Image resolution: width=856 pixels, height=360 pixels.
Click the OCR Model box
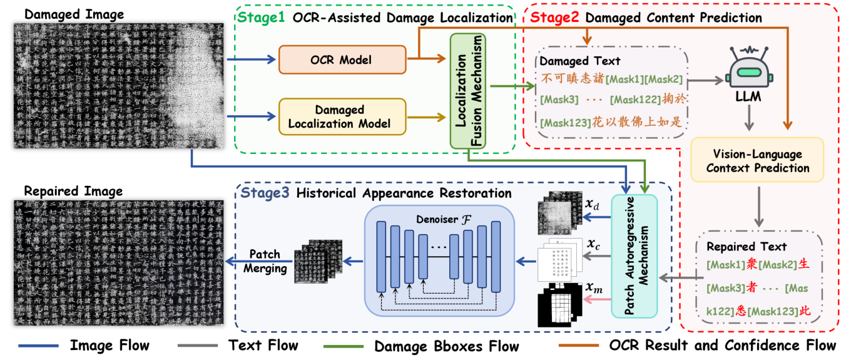click(342, 59)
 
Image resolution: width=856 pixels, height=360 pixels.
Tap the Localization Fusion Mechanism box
click(469, 91)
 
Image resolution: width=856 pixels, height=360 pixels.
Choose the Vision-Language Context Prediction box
click(758, 161)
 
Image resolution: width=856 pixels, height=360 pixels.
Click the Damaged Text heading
click(579, 61)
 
